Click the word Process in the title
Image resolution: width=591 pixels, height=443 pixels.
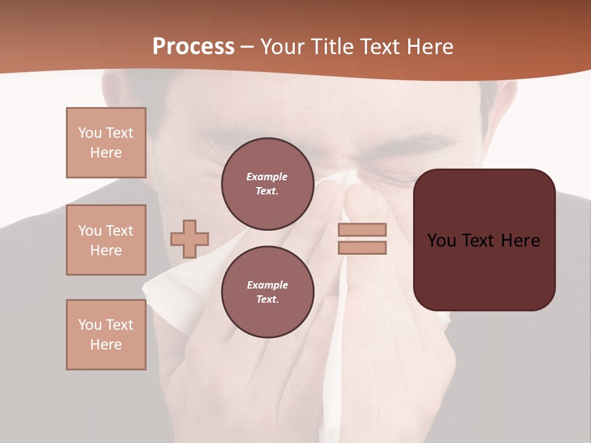tap(193, 47)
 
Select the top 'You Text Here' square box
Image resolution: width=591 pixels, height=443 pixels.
tap(106, 143)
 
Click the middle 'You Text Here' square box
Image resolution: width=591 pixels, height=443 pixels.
tap(106, 240)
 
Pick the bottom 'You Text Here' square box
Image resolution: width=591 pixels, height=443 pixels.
tap(106, 335)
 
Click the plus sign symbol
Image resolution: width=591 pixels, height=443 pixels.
tap(190, 239)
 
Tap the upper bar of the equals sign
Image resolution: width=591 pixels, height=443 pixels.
tap(362, 229)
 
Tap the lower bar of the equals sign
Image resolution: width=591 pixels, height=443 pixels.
tap(362, 248)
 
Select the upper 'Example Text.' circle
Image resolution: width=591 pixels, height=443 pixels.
tap(267, 184)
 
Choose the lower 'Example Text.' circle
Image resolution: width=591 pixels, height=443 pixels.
tap(267, 292)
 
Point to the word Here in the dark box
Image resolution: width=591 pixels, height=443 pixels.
tap(520, 241)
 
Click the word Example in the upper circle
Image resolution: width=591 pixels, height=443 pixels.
tap(267, 177)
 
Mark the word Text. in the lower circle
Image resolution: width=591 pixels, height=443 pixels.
tap(267, 300)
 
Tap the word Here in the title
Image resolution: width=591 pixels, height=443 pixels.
tap(430, 47)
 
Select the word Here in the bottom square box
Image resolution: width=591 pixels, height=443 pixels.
tap(106, 345)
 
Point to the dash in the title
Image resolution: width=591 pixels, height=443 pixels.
tap(247, 47)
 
